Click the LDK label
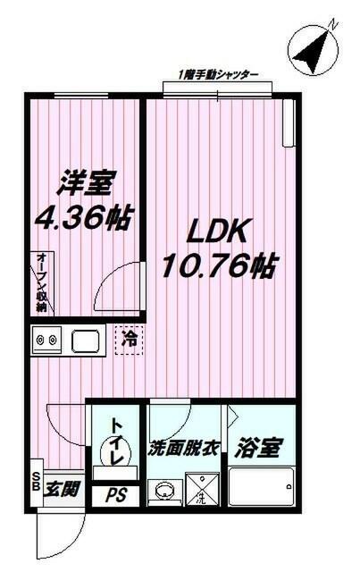[x=214, y=231]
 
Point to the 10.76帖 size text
[x=218, y=265]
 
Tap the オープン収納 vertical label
[x=42, y=282]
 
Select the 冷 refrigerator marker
[x=130, y=341]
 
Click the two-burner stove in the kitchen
[x=46, y=341]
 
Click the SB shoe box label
[x=37, y=484]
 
